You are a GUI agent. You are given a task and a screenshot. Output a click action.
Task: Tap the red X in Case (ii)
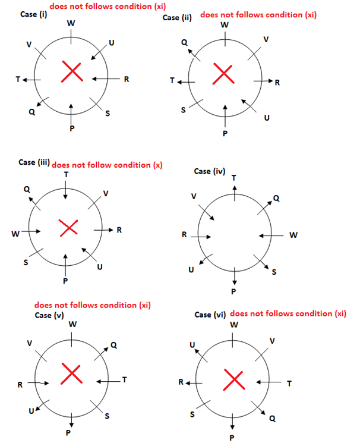coord(223,75)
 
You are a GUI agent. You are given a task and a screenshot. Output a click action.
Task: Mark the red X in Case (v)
coord(72,374)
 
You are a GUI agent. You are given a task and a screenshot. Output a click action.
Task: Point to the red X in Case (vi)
coord(233,379)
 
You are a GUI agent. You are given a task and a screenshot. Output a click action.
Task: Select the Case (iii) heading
coord(34,162)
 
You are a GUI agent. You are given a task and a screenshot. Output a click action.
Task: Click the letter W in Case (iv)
coord(293,235)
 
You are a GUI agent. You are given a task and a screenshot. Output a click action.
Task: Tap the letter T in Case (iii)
coord(65,175)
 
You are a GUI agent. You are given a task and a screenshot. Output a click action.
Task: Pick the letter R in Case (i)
coord(127,79)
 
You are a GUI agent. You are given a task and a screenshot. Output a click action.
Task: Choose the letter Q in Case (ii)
coord(184,42)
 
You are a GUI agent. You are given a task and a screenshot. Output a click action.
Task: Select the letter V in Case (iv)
coord(194,196)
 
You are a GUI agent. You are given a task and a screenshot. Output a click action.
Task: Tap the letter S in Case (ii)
coord(184,111)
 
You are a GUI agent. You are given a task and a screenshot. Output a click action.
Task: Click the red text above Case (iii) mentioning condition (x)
coord(107,165)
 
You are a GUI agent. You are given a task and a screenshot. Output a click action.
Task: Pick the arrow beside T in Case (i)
coord(33,79)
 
